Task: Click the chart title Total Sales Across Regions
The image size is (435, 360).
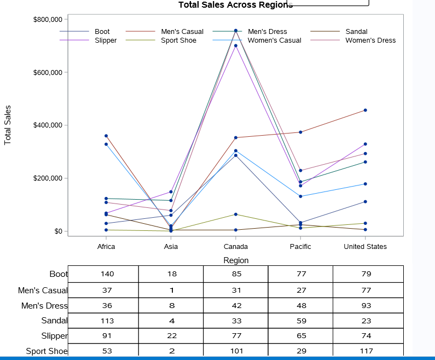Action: pyautogui.click(x=235, y=5)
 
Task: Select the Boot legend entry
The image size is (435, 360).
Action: pyautogui.click(x=102, y=32)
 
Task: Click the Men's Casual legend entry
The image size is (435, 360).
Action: pyautogui.click(x=182, y=32)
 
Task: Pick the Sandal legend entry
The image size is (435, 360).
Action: pyautogui.click(x=356, y=32)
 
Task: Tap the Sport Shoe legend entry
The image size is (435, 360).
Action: pyautogui.click(x=178, y=40)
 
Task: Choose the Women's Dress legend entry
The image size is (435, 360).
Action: pyautogui.click(x=370, y=40)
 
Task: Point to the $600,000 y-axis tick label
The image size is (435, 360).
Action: pyautogui.click(x=48, y=72)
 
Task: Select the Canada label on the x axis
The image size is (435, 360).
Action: pyautogui.click(x=236, y=247)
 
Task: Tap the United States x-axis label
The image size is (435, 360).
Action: pyautogui.click(x=365, y=247)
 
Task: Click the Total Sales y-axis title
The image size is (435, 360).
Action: pyautogui.click(x=8, y=125)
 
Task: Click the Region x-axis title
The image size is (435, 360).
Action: pyautogui.click(x=236, y=260)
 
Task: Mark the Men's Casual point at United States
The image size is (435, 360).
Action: pyautogui.click(x=365, y=110)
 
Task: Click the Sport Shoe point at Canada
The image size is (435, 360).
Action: pyautogui.click(x=236, y=214)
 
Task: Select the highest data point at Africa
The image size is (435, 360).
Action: pyautogui.click(x=106, y=136)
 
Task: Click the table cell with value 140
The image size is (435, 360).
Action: pyautogui.click(x=106, y=274)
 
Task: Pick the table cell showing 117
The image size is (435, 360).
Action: pyautogui.click(x=366, y=351)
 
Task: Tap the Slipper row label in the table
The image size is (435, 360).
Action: pyautogui.click(x=54, y=335)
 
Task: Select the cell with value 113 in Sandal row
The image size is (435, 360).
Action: pyautogui.click(x=106, y=321)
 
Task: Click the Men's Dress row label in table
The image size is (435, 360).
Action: pyautogui.click(x=44, y=305)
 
